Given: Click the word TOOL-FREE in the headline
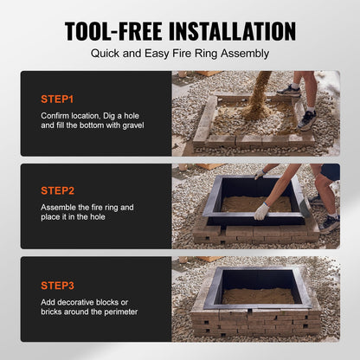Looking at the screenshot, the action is [113, 31].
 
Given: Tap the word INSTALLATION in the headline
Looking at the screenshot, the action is [232, 31].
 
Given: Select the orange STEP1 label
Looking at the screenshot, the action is [57, 100].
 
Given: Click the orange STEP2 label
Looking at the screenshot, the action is [58, 190].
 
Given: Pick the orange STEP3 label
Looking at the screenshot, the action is [58, 286].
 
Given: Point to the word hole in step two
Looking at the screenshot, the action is [97, 217].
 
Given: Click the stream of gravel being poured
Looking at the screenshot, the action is [258, 93].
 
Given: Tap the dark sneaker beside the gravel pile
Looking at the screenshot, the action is [307, 120].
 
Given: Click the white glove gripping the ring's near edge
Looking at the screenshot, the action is [261, 211].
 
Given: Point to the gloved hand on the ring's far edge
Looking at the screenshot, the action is [260, 174].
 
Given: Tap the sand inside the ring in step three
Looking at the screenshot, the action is [258, 296].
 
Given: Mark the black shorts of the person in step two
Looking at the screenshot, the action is [331, 171].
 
